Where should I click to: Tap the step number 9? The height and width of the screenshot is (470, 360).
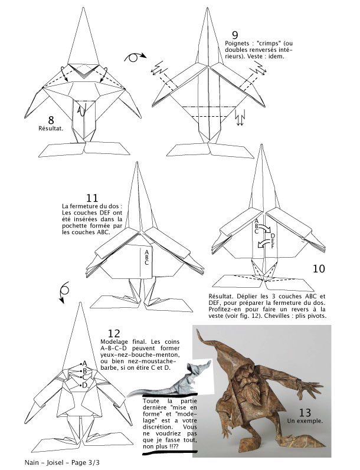235,35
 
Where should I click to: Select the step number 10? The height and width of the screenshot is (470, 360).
319,269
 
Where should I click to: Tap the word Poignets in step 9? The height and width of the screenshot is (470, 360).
239,44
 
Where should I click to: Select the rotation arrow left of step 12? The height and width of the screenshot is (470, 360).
64,291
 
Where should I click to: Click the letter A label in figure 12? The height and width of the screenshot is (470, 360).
85,363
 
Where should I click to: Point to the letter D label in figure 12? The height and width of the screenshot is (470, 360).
86,385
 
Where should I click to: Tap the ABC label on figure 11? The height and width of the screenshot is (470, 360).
146,257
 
